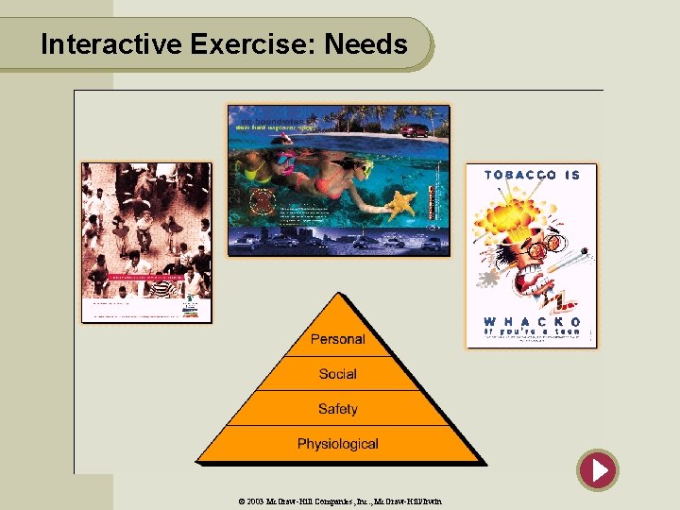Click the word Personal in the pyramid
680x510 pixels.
click(x=337, y=339)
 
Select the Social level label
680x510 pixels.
click(x=337, y=374)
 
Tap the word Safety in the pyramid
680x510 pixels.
click(x=337, y=409)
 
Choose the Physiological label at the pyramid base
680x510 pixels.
click(x=337, y=444)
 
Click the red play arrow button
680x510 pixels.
click(x=598, y=469)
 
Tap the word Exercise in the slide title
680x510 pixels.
click(x=253, y=44)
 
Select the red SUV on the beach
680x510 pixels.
click(x=414, y=129)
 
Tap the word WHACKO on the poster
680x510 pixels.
click(x=533, y=322)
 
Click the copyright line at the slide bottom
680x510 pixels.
click(x=340, y=501)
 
